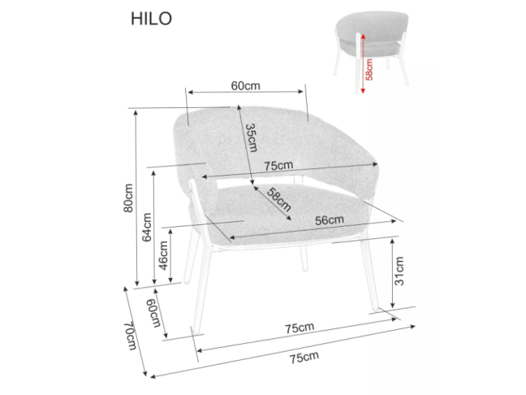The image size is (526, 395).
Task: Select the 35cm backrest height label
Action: (x=251, y=138)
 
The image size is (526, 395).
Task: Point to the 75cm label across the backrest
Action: (x=278, y=165)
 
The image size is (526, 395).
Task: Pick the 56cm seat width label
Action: (x=330, y=219)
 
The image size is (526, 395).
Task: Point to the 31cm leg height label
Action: (x=399, y=269)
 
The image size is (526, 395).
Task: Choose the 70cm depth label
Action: (x=129, y=335)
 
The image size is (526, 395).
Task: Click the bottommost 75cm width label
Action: (x=303, y=357)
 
